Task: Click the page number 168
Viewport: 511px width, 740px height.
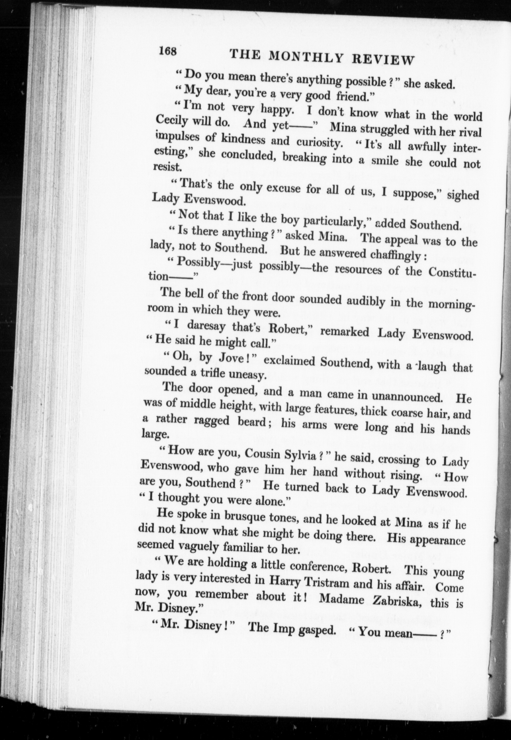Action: [x=168, y=51]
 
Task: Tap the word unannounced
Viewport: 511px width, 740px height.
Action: [x=407, y=397]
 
